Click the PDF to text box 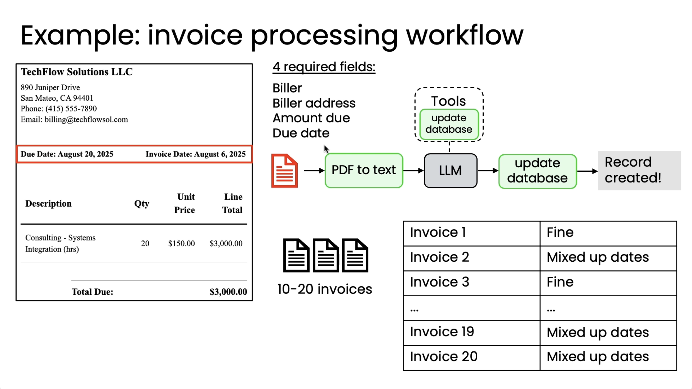(x=364, y=170)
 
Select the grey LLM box (x=450, y=171)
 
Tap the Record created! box (x=639, y=170)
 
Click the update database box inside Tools (x=449, y=124)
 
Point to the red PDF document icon (x=284, y=171)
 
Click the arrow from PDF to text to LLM (x=413, y=170)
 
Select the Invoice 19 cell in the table (x=471, y=333)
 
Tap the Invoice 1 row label (x=438, y=232)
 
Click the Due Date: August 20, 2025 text (x=67, y=154)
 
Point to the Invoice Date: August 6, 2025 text (x=196, y=154)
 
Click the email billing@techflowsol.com (x=86, y=119)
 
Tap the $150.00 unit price (x=181, y=243)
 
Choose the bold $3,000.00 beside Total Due (x=228, y=292)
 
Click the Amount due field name (x=311, y=118)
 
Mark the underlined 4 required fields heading (x=324, y=67)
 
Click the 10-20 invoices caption (x=325, y=289)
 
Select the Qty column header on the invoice (x=142, y=204)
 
